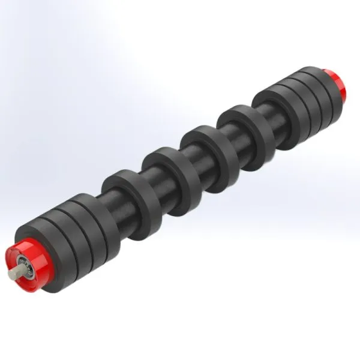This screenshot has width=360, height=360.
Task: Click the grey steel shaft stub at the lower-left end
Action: pos(13,273)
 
